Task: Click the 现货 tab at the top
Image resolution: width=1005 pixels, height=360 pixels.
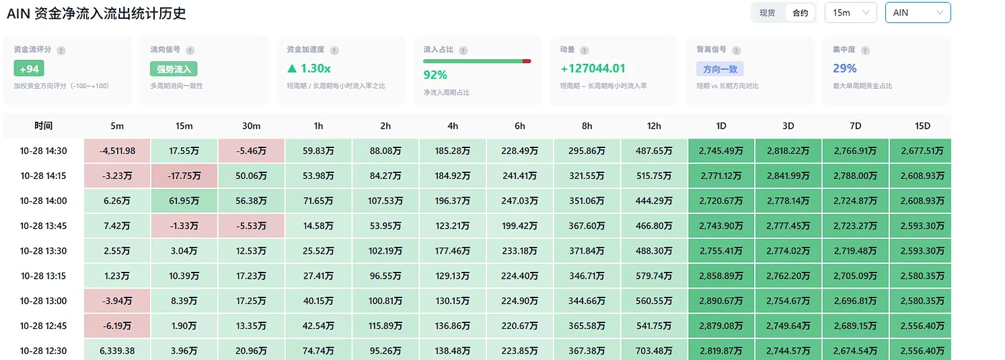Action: pos(768,13)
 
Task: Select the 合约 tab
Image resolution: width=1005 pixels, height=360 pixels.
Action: pos(800,13)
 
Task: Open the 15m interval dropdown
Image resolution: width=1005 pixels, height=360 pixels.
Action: pos(851,13)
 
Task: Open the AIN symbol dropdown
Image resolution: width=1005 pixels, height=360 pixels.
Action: pos(918,13)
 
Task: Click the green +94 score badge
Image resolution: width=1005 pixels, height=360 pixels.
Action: pos(29,69)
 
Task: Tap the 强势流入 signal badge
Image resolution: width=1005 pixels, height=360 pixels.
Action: pos(174,69)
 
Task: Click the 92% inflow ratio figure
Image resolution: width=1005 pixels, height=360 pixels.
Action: pos(435,75)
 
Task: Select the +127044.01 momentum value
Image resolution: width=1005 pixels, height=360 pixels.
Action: pos(593,68)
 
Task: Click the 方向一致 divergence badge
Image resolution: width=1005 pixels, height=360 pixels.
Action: pos(720,69)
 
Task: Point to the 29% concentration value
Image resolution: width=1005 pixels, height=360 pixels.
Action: pos(845,68)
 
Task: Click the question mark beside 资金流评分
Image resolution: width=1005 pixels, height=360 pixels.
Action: pos(61,50)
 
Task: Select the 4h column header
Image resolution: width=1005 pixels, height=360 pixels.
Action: pos(453,126)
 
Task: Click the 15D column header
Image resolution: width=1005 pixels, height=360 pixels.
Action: pos(922,126)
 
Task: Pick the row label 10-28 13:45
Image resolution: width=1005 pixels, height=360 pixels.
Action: pos(44,226)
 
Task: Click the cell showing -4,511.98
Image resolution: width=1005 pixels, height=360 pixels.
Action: pos(117,151)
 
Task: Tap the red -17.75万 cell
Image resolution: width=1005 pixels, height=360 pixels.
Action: pos(184,176)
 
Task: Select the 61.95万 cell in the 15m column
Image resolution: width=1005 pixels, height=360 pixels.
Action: pos(184,201)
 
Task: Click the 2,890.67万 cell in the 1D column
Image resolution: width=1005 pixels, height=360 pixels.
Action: pos(721,301)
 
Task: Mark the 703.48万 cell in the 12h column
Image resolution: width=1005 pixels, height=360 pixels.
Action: pos(654,351)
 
